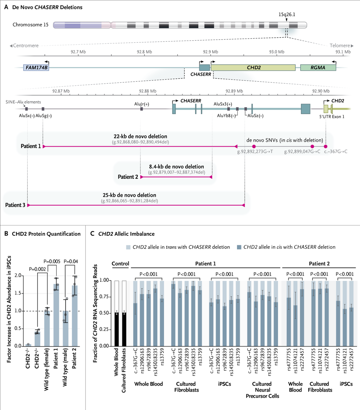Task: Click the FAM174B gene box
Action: pos(36,68)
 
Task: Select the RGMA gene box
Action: pos(318,68)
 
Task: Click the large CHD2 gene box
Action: pos(253,68)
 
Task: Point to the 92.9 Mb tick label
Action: pos(211,52)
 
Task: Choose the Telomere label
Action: pos(340,45)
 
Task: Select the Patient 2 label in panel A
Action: pos(128,177)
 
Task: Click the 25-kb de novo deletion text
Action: pos(129,195)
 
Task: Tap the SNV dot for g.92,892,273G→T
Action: pos(253,146)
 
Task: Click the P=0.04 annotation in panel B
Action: pos(71,262)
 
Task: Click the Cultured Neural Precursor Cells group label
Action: pos(262,389)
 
